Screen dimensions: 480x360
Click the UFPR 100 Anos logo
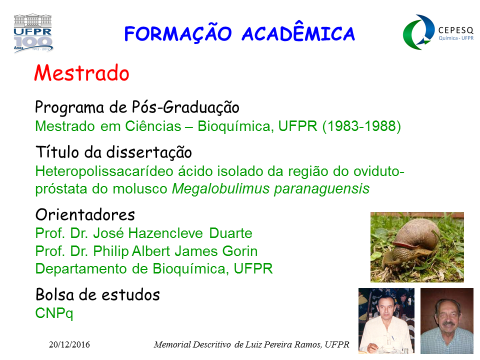point(33,33)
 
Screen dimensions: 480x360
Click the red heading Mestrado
point(81,73)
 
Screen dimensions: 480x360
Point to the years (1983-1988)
point(361,126)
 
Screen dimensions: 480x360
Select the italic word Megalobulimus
point(220,189)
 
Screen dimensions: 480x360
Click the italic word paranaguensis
point(321,189)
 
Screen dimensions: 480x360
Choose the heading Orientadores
point(85,214)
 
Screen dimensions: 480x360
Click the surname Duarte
point(231,233)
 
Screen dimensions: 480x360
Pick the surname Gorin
point(239,251)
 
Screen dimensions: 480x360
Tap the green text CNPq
point(54,313)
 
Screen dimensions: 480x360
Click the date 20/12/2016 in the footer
point(69,344)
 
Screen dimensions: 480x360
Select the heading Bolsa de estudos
point(97,295)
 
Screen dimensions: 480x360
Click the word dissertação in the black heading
point(149,153)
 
